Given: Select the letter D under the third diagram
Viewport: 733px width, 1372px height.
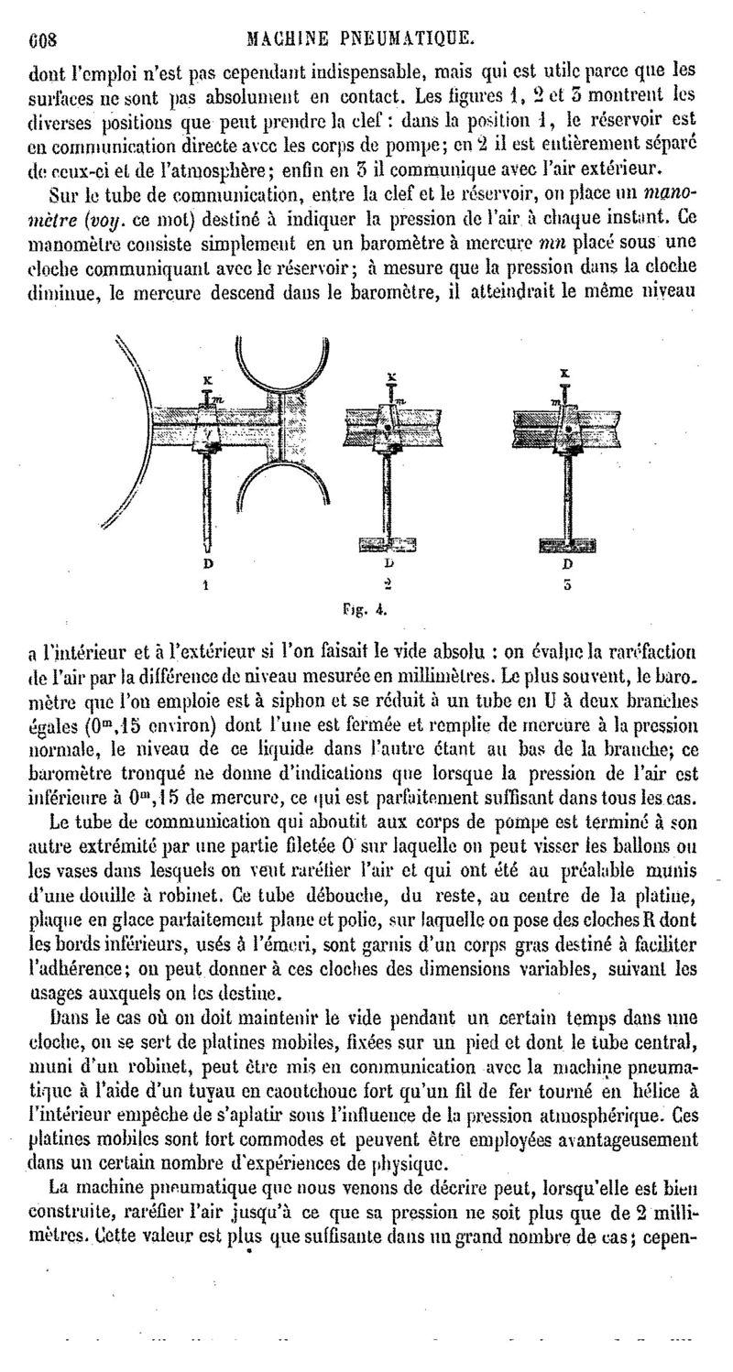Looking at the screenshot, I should [x=567, y=563].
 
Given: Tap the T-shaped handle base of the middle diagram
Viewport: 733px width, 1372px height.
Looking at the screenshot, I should [x=388, y=544].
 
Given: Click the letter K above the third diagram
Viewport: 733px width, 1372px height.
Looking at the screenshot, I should [x=564, y=374].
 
